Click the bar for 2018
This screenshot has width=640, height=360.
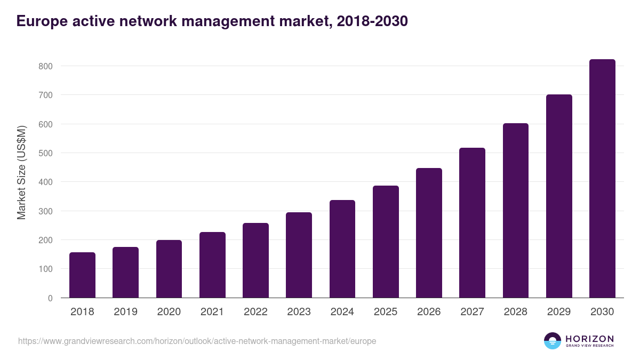82,275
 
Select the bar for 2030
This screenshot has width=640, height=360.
602,179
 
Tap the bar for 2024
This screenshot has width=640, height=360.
342,249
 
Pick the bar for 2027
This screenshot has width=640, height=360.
472,223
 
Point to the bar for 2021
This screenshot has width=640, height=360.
212,265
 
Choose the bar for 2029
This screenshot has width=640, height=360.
559,196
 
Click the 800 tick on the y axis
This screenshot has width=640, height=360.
45,66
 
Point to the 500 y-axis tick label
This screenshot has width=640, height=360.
45,153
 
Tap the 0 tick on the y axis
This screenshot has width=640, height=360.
50,298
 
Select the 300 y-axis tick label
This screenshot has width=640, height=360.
45,211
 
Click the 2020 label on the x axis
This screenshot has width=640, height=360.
169,312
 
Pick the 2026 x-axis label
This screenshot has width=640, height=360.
429,312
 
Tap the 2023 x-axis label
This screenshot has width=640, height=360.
299,312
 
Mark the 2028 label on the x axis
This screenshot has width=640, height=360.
516,312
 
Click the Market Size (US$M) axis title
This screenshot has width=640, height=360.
22,173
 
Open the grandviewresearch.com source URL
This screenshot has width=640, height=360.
197,341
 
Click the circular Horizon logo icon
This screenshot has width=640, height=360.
553,341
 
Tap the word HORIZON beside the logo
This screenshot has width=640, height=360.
589,339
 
